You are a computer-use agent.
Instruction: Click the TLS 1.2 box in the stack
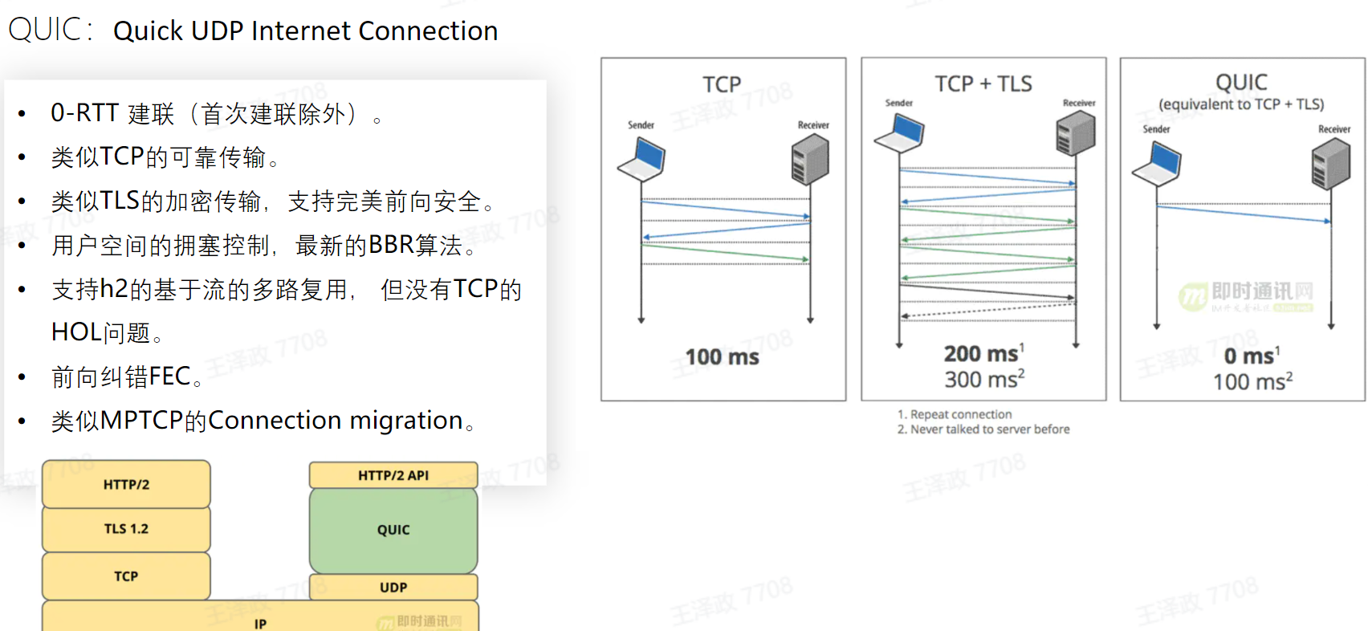coord(126,529)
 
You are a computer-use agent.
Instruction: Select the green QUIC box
coord(393,530)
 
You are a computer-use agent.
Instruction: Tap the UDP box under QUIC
coord(393,587)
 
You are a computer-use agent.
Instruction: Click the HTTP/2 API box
coord(393,475)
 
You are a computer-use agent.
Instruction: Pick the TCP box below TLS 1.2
coord(126,576)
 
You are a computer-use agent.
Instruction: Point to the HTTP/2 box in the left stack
coord(126,484)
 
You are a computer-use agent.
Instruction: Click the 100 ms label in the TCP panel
coord(722,357)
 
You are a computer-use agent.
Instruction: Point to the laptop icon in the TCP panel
coord(641,159)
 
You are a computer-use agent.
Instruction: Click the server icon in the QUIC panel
coord(1330,164)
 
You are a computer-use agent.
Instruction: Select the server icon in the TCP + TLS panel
coord(1076,132)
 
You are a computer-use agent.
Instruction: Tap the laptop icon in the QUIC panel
coord(1156,164)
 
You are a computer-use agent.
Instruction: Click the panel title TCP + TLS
coord(983,83)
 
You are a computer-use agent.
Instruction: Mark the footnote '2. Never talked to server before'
coord(983,429)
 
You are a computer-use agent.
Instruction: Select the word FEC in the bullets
coord(169,377)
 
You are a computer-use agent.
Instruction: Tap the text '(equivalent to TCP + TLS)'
coord(1241,104)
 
